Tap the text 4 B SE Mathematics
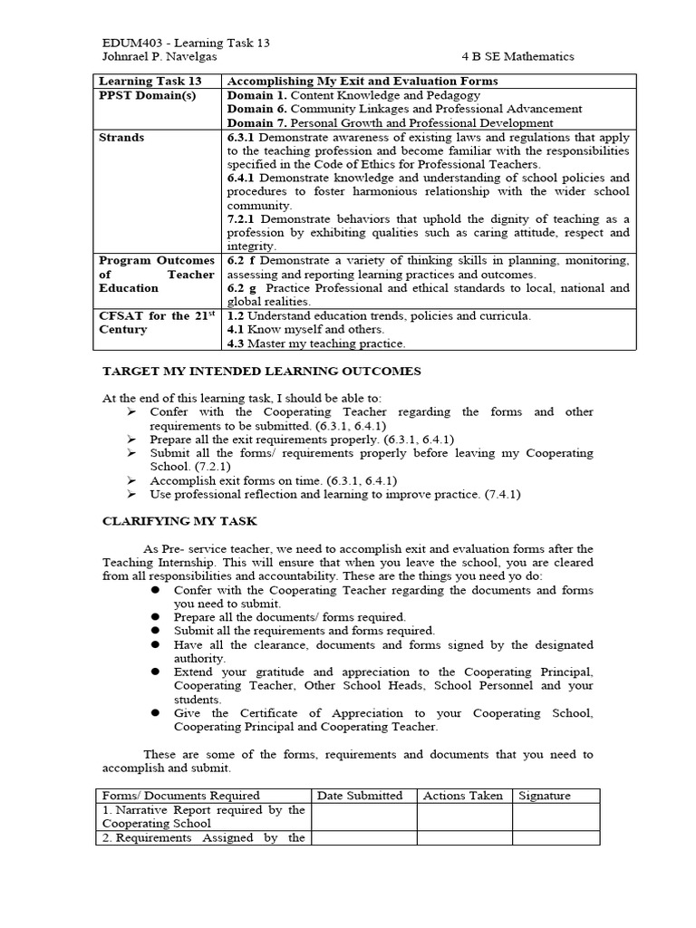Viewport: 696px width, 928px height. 517,56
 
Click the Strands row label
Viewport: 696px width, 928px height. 121,137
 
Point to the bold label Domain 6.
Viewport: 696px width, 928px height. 256,109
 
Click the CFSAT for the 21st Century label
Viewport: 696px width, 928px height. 158,323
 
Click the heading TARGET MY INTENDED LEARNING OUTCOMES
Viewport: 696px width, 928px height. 261,372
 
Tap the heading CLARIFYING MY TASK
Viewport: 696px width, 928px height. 179,521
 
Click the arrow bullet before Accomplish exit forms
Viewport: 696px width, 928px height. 131,480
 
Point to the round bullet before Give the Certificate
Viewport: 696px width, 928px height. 155,713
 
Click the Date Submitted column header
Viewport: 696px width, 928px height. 360,796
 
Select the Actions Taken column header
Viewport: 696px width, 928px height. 463,796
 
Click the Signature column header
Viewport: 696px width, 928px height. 545,796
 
